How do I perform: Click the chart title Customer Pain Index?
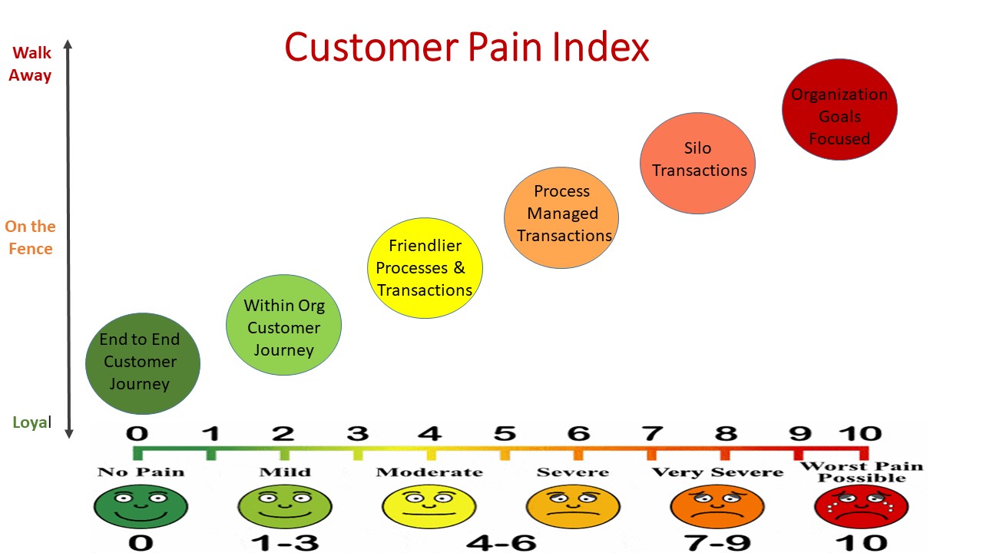click(467, 48)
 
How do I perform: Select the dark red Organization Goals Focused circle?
click(839, 109)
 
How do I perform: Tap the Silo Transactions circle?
click(698, 163)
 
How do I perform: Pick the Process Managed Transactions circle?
click(561, 217)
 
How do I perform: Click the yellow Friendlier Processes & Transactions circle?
click(425, 267)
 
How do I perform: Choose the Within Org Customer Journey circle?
click(283, 325)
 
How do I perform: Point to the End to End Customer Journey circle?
click(142, 363)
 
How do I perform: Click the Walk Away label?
click(31, 65)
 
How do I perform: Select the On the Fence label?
click(31, 237)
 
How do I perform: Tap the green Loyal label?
click(31, 422)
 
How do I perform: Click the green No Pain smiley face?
click(140, 506)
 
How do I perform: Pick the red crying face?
click(861, 506)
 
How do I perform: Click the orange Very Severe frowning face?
click(717, 506)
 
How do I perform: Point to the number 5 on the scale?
click(504, 433)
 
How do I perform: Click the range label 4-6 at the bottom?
click(501, 543)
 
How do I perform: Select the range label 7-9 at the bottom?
click(718, 543)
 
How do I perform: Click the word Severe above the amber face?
click(572, 472)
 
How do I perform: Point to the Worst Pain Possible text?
click(861, 472)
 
